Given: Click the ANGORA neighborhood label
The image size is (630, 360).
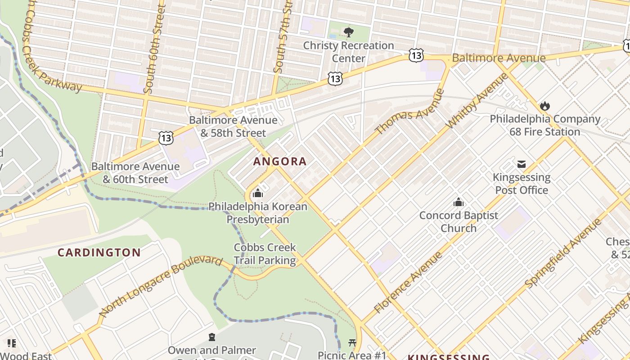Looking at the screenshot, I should tap(279, 161).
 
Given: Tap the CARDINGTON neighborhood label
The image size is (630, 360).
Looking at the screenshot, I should tap(99, 252).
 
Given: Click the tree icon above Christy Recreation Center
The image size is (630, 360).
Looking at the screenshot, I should tap(348, 32).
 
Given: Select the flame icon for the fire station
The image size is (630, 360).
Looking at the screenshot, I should tap(545, 106).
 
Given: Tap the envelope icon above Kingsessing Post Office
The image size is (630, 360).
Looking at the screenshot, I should tap(522, 164).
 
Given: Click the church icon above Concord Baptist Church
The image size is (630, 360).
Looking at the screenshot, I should tap(459, 202).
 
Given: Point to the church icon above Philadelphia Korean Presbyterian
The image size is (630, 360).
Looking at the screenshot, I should tap(258, 193).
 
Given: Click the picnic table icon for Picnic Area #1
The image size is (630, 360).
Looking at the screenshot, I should tap(352, 343).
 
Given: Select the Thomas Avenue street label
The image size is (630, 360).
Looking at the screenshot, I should tap(409, 112).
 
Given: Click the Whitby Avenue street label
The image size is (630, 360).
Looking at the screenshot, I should tap(477, 100).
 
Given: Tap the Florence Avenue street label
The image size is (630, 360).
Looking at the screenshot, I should tap(409, 283).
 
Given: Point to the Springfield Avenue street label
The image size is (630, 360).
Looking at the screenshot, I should tap(563, 253).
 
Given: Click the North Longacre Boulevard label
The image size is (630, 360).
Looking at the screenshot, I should tap(161, 286).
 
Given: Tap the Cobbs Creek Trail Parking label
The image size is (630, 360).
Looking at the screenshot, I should tap(265, 254).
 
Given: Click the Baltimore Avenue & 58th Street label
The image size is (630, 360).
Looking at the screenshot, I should tap(233, 126).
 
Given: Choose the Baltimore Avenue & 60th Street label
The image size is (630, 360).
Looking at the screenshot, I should tap(135, 173).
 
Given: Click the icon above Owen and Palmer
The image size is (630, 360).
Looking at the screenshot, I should tap(211, 337).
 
